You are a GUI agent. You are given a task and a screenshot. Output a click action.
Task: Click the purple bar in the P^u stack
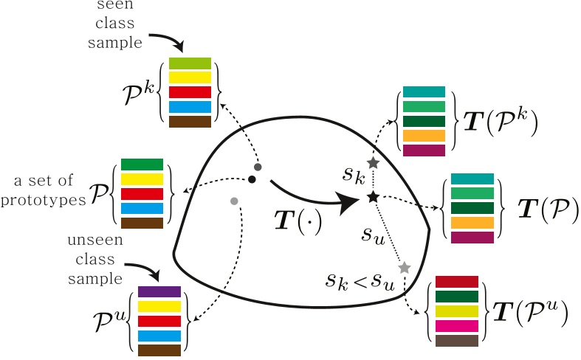[159, 291]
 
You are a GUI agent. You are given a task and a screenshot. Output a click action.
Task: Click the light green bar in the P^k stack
[190, 63]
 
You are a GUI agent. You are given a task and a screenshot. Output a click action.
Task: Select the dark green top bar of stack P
[141, 165]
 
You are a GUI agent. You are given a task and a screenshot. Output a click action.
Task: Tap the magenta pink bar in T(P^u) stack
[457, 325]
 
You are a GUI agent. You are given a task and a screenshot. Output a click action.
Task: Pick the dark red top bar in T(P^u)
[457, 282]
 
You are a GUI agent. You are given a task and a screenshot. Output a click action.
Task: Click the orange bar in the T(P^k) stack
[424, 136]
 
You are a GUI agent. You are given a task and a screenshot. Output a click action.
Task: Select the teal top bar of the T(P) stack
[471, 179]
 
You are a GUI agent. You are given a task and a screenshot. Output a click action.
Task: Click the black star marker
[373, 197]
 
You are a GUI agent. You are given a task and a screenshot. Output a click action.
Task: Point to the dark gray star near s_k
[373, 162]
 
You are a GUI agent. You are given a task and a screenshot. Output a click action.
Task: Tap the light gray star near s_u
[404, 267]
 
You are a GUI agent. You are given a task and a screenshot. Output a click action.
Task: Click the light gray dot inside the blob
[234, 201]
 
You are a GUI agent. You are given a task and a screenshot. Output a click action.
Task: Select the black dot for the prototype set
[252, 179]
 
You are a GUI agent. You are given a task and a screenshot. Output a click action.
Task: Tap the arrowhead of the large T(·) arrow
[346, 204]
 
